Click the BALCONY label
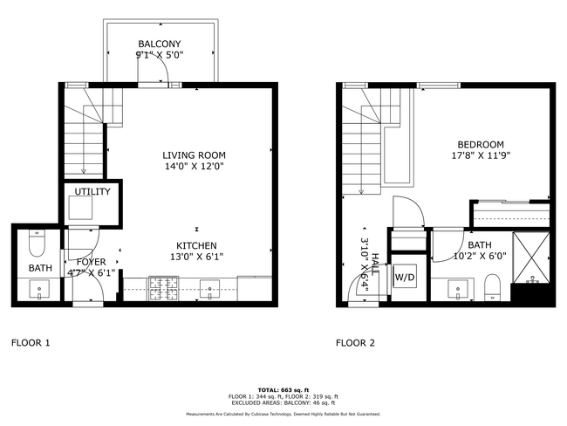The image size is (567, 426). (x=159, y=45)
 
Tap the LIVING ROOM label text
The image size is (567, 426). (x=194, y=155)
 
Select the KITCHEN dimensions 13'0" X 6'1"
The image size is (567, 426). (x=196, y=258)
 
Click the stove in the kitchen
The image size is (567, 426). (x=162, y=286)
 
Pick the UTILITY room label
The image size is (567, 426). (x=91, y=191)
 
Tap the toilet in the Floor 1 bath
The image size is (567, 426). (x=36, y=233)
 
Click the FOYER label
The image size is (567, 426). (x=91, y=262)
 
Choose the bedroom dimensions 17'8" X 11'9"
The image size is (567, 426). (x=480, y=156)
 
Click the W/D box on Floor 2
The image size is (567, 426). (x=405, y=278)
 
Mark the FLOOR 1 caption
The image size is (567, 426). (x=31, y=343)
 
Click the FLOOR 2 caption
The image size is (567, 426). (x=355, y=343)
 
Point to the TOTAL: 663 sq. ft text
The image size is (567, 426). (x=283, y=388)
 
